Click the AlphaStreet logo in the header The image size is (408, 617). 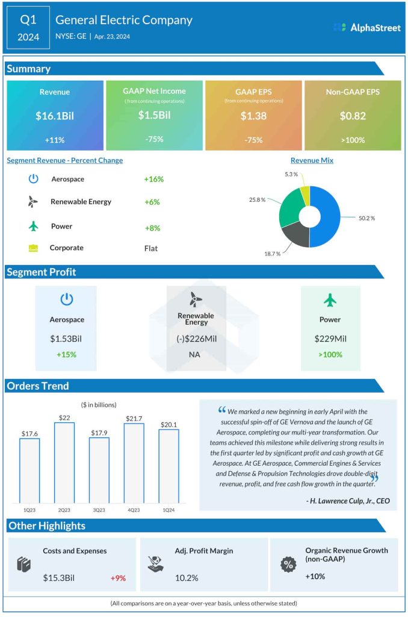point(366,27)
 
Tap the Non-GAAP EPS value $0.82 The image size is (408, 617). point(353,116)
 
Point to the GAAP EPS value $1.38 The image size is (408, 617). point(253,116)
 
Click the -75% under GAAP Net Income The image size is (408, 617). point(154,139)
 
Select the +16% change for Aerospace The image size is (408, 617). point(154,179)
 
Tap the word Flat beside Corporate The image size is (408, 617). point(152,248)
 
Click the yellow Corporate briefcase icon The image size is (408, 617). point(34,248)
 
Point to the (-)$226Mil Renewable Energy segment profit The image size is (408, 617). point(196,339)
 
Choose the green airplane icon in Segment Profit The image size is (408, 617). point(330,299)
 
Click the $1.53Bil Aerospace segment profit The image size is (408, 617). point(67,339)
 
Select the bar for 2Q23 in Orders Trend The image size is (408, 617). point(64,463)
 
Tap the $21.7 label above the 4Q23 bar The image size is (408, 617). point(134,418)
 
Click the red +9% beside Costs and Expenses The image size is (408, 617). point(118,578)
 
